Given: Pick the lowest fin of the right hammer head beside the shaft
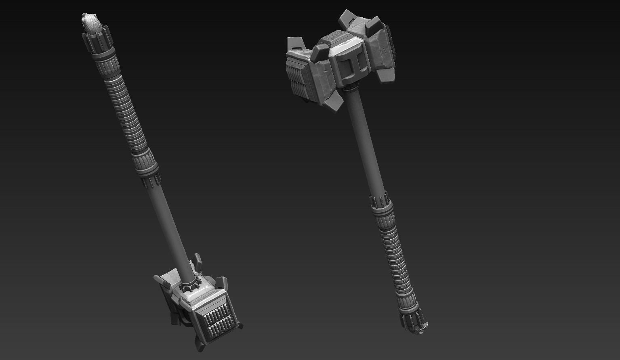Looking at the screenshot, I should pyautogui.click(x=334, y=101).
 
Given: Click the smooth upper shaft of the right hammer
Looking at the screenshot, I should pyautogui.click(x=364, y=141).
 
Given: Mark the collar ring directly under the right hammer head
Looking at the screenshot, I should pyautogui.click(x=351, y=88).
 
